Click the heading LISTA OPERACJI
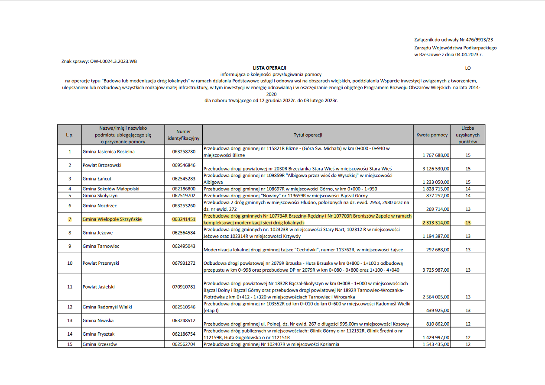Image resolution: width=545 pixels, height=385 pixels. pos(269,68)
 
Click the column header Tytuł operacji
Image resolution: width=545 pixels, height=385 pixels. pos(308,135)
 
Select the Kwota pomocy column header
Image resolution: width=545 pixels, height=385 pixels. pos(431,135)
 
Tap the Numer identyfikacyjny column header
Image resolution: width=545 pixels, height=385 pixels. pos(184,135)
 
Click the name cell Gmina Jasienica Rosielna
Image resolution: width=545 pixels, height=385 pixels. pos(109,151)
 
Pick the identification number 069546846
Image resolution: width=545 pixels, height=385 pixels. pos(184,165)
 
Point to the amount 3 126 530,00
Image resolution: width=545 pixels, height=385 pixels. pos(436,169)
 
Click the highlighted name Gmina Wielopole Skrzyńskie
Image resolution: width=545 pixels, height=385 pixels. pos(112,219)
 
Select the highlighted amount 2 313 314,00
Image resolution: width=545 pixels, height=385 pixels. pos(436,222)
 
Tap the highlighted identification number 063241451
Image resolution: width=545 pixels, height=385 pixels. pos(184,219)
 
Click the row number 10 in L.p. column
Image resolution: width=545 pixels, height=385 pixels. pos(70,263)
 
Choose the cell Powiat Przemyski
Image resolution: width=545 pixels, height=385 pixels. pos(101,263)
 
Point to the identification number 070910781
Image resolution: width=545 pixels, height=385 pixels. pos(184,286)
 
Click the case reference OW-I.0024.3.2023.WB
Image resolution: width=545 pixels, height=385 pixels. pos(114,62)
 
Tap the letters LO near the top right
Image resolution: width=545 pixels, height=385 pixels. pos(468,68)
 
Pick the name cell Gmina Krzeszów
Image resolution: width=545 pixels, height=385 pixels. pos(100,344)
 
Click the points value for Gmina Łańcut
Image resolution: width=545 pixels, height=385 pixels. pos(468,182)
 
